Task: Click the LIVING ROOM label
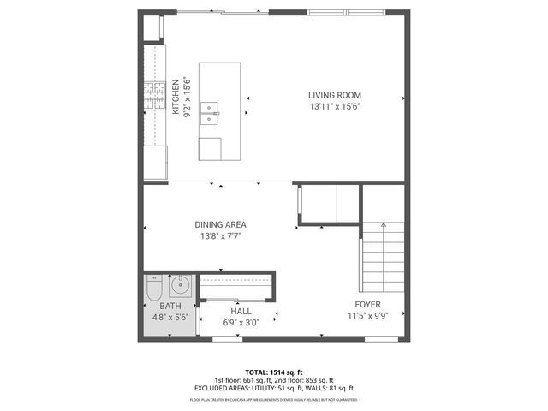[x=335, y=95]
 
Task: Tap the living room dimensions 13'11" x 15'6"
[x=335, y=106]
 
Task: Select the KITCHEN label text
[x=176, y=96]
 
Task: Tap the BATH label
[x=170, y=306]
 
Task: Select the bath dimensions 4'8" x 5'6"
[x=170, y=317]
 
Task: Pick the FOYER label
[x=368, y=304]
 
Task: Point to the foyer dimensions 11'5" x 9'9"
[x=368, y=315]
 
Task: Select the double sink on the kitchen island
[x=210, y=110]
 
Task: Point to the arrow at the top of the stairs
[x=383, y=225]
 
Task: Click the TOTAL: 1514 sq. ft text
[x=273, y=372]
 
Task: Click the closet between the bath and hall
[x=236, y=285]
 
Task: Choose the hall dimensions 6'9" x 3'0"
[x=241, y=322]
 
